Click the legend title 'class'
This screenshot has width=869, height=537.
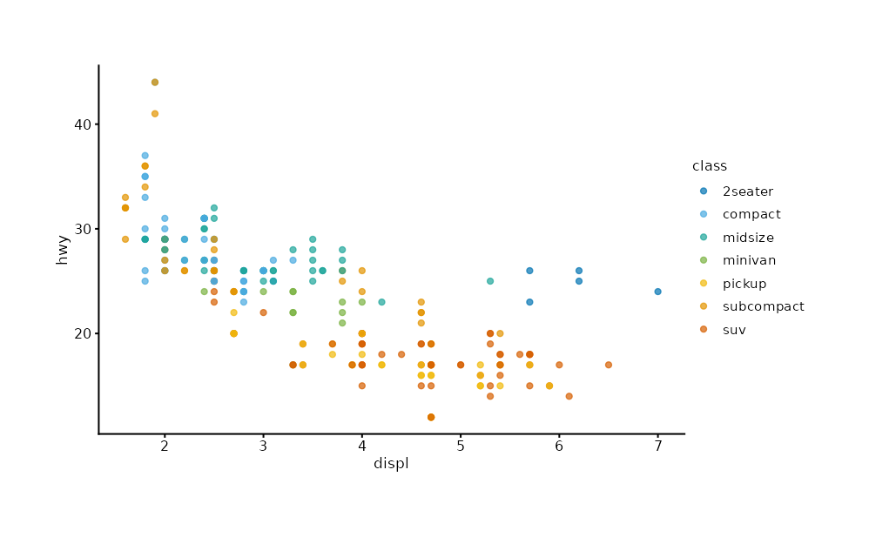[710, 165]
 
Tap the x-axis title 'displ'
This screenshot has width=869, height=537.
[391, 463]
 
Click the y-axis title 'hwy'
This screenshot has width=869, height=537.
[62, 250]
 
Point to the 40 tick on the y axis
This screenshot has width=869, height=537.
[83, 124]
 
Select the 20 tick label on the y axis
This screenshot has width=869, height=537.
[83, 333]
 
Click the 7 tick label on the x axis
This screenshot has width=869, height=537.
[658, 446]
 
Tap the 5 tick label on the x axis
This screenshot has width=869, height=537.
[461, 446]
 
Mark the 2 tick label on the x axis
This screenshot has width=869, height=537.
[165, 446]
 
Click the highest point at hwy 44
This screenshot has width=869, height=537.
[155, 83]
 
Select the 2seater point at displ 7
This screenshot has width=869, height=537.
[658, 292]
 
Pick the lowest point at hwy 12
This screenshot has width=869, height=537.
[431, 417]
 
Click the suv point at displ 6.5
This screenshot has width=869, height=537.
[609, 365]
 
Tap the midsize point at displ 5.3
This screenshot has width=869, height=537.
[490, 281]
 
